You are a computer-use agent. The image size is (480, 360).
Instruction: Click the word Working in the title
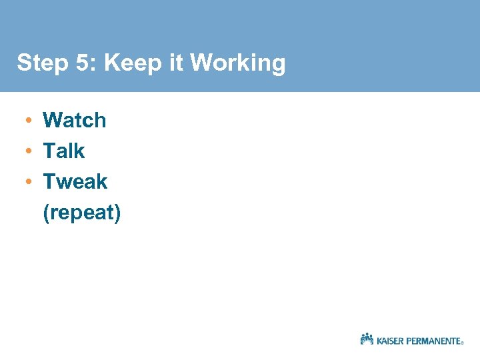(x=238, y=64)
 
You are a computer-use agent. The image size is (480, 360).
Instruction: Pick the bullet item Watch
(x=74, y=120)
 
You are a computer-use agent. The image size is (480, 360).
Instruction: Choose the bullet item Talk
(x=64, y=151)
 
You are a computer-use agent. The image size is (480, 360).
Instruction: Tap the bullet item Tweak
(x=75, y=181)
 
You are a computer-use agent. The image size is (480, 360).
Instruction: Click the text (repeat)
(x=81, y=213)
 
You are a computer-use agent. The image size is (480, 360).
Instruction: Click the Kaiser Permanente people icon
(x=367, y=339)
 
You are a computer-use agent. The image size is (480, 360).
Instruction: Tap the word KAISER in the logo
(x=393, y=341)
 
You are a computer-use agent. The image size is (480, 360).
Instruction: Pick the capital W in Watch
(x=52, y=120)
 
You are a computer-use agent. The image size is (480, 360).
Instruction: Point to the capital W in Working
(x=201, y=63)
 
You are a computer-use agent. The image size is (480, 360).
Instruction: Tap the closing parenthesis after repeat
(x=117, y=214)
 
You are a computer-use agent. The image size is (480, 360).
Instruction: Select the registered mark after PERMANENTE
(x=463, y=343)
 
